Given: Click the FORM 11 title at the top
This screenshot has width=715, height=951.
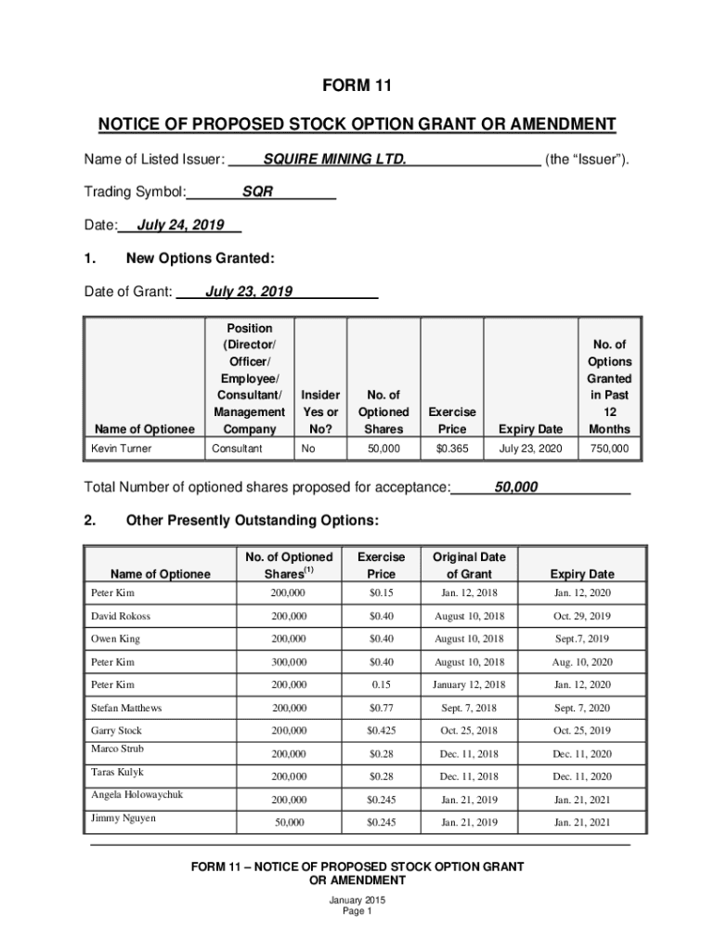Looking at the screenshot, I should pyautogui.click(x=357, y=86).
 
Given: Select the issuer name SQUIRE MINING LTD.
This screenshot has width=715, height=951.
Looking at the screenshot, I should pyautogui.click(x=334, y=159).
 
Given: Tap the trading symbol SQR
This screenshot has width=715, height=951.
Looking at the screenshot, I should pyautogui.click(x=257, y=192).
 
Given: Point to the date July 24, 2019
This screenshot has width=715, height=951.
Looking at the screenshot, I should pyautogui.click(x=180, y=226).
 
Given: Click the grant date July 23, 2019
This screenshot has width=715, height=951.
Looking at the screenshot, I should pyautogui.click(x=249, y=292).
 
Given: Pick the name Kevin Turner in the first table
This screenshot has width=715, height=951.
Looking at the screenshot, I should pyautogui.click(x=122, y=449).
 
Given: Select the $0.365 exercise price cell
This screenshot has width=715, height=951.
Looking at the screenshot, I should pyautogui.click(x=452, y=449).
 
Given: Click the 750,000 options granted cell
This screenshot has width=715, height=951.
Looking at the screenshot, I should pyautogui.click(x=608, y=449).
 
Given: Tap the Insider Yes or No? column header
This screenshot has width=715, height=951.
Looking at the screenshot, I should pyautogui.click(x=320, y=411).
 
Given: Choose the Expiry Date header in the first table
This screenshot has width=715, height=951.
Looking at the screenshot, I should pyautogui.click(x=530, y=429).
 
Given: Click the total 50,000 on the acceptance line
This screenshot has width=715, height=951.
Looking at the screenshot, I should pyautogui.click(x=516, y=487).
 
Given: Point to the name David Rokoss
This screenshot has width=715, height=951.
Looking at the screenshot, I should pyautogui.click(x=121, y=616).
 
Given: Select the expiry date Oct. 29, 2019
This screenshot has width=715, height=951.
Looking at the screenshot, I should pyautogui.click(x=582, y=616).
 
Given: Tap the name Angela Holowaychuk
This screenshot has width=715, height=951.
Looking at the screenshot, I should pyautogui.click(x=137, y=795).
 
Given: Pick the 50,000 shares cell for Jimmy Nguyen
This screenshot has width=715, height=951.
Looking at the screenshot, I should pyautogui.click(x=288, y=822).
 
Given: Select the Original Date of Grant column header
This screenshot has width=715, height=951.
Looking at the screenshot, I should pyautogui.click(x=469, y=565).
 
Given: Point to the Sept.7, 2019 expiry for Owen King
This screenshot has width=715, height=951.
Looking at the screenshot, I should pyautogui.click(x=582, y=639).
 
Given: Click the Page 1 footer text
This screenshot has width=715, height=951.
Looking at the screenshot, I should pyautogui.click(x=357, y=911).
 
